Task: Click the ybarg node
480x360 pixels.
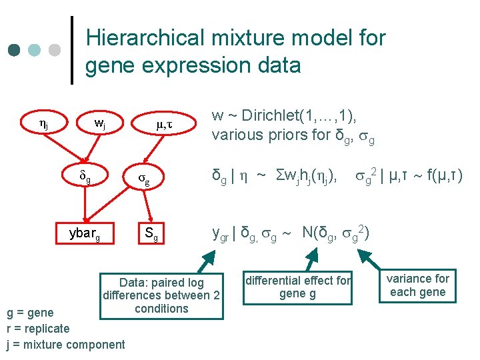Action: [85, 234]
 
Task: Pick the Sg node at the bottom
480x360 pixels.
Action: [151, 234]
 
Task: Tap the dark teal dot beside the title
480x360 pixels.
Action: [14, 50]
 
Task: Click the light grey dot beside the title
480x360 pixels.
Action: [55, 50]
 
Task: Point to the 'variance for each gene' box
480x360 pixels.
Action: [418, 285]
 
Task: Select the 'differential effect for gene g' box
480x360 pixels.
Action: [298, 287]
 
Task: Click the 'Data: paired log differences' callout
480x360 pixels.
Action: [161, 295]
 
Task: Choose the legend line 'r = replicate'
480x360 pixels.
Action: [37, 328]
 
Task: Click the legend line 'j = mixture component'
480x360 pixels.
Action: [65, 344]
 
